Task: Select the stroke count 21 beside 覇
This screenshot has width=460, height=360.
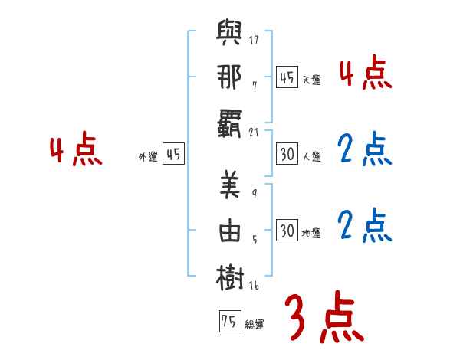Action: coord(255,133)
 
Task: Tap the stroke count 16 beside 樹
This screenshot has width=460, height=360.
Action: coord(255,286)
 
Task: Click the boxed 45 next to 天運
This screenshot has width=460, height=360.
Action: coord(287,77)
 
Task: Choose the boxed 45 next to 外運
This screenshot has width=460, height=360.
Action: coord(173,154)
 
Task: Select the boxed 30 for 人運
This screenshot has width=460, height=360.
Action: coord(287,154)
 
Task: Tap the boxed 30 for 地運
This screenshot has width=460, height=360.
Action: coord(287,231)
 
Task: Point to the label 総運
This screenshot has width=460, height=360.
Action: coord(255,324)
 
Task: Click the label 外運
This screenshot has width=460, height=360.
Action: coord(148,157)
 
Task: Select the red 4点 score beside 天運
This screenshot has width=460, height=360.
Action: coord(364,74)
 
